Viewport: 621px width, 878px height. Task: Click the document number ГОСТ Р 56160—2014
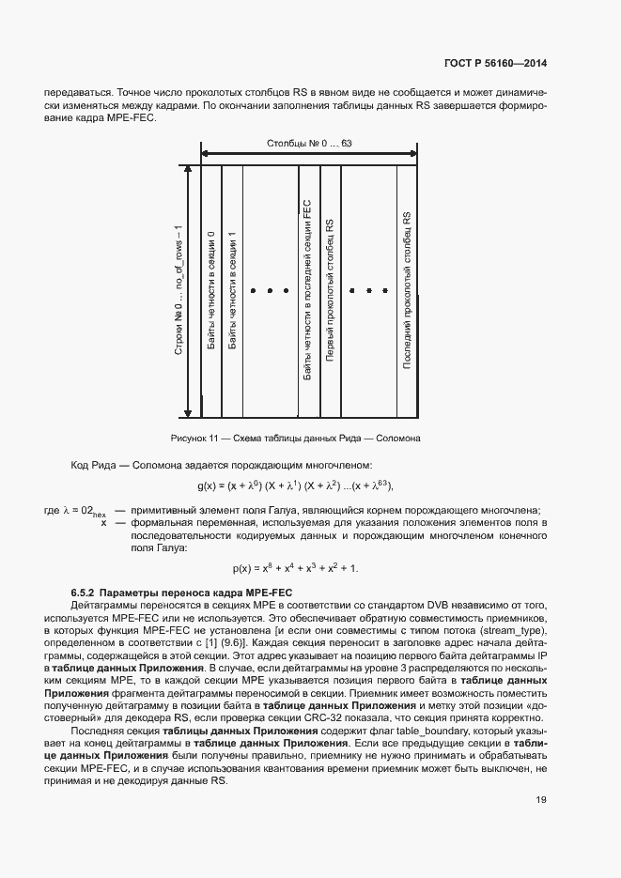[x=494, y=64]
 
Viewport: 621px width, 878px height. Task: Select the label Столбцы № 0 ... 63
[x=309, y=143]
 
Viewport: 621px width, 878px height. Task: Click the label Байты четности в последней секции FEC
[x=307, y=291]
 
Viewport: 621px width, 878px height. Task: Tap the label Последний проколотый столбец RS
[x=408, y=291]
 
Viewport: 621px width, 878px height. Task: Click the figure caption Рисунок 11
[x=295, y=438]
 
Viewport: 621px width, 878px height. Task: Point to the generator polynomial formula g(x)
[x=295, y=485]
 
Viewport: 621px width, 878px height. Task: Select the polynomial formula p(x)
[x=295, y=569]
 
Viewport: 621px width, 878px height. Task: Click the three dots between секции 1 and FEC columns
[x=269, y=291]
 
